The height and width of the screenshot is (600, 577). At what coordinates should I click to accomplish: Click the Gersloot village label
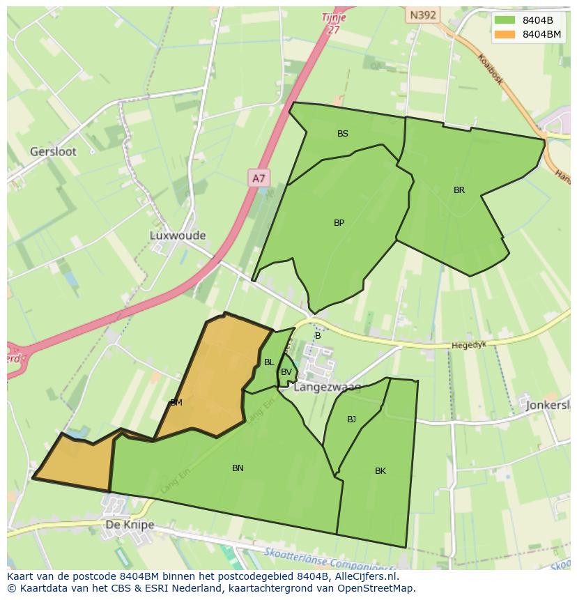coord(53,151)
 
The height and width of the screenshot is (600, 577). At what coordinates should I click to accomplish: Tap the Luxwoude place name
coord(178,236)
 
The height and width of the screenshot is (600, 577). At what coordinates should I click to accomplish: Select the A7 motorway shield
coord(259,178)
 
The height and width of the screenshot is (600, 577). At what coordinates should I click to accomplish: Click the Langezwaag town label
coord(328,387)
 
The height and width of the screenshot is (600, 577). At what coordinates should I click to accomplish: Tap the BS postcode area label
coord(343,134)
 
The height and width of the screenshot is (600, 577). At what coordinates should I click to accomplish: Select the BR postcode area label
coord(459,190)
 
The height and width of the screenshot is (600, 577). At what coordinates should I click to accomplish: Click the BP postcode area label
coord(339,223)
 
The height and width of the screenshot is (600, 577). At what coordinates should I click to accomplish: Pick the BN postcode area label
coord(238,468)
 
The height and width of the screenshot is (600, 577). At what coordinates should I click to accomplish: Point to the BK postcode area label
coord(380,471)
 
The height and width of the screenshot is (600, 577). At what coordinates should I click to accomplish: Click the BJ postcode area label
coord(351,420)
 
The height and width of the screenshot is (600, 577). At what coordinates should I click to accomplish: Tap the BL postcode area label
coord(269,362)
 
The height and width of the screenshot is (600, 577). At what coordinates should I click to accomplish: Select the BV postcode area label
coord(286,372)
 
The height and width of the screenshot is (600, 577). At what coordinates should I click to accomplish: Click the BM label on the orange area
coord(176,403)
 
